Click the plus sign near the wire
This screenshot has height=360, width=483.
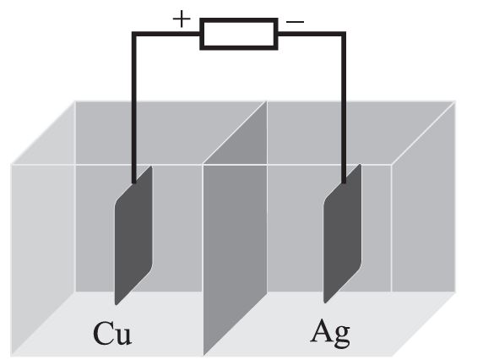coord(182,19)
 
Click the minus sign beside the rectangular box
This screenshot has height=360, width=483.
coord(295,22)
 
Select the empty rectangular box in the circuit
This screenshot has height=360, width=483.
coord(239,34)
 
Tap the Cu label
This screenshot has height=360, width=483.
coord(112,333)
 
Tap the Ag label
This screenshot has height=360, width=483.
coord(330,334)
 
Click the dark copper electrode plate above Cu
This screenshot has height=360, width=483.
coord(133,236)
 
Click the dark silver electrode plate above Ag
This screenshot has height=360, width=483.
coord(342,233)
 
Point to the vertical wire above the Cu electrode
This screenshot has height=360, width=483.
coord(133,108)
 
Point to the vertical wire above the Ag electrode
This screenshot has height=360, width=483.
coord(344,108)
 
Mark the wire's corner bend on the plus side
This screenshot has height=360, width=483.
coord(133,34)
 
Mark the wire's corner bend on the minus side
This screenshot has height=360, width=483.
coord(344,34)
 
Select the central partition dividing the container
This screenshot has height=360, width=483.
coord(235,228)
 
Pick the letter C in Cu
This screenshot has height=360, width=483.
coord(102,333)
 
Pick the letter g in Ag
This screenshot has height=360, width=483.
coord(342,337)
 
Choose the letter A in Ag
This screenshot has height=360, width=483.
coord(321,331)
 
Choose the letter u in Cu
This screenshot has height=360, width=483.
coord(123,336)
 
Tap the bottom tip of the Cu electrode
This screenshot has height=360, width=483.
coord(116,305)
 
